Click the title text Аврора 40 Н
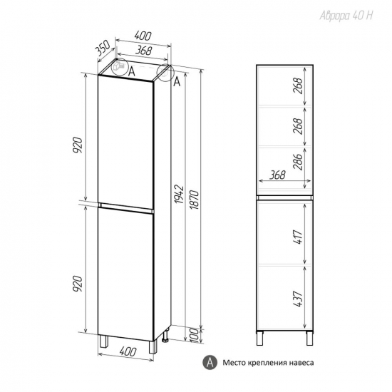346,16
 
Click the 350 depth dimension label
103,48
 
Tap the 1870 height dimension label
195,200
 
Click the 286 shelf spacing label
298,162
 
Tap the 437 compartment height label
298,299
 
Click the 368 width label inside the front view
277,175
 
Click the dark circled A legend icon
210,362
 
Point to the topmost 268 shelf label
298,86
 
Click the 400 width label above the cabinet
143,36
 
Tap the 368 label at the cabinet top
144,51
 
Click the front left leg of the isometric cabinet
103,341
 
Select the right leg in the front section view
309,338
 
